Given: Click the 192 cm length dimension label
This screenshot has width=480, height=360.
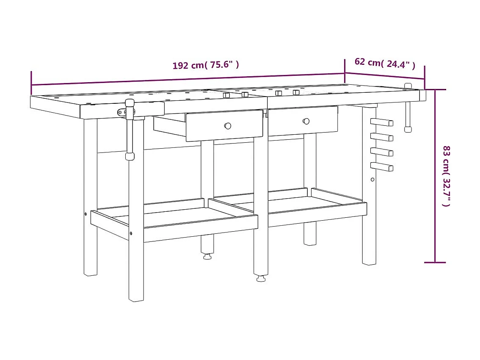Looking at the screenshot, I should coord(206,65).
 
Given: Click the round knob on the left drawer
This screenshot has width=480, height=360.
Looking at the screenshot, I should coord(228,126).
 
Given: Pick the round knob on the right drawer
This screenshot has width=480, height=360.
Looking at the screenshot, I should coord(306,121).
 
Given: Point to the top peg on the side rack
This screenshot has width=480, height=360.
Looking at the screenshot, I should coord(382,122).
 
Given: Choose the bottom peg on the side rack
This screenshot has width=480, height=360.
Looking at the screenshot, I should coord(382,167).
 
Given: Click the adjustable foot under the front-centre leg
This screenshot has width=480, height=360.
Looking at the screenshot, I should coord(261,278).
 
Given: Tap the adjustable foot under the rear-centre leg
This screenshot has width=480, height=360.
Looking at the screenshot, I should coord(207,256).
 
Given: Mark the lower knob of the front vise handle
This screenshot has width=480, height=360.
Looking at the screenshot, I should coord(130,156).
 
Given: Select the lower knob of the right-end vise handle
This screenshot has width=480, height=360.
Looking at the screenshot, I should coord(408,129).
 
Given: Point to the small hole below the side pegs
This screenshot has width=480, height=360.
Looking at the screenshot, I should coord(372,180).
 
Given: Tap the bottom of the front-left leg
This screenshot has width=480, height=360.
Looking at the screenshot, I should coord(136,299).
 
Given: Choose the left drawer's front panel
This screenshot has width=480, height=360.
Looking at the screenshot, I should coord(224,126).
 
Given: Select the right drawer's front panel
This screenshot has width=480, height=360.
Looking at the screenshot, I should coord(303,121).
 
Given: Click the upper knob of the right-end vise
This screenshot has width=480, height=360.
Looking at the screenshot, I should coord(408,86).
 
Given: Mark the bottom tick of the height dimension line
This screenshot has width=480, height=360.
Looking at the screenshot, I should coord(435,263).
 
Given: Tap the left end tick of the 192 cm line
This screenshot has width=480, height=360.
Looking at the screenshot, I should coord(31,83).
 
